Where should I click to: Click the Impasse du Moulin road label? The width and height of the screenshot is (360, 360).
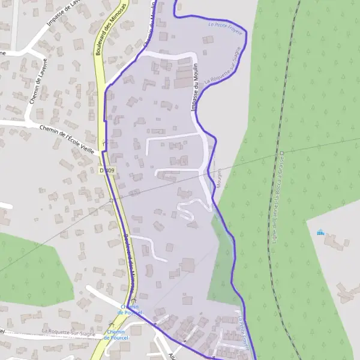(x=194, y=86)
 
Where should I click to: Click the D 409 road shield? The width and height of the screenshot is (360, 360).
(x=107, y=171)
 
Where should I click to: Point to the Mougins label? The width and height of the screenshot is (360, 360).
(x=219, y=178)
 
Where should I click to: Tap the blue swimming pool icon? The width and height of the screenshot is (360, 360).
(x=320, y=232)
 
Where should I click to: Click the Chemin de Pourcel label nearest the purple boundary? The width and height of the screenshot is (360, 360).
(x=129, y=309)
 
